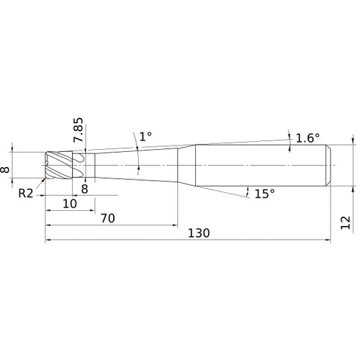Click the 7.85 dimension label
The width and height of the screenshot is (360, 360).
click(78, 130)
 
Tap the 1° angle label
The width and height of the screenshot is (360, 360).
click(145, 137)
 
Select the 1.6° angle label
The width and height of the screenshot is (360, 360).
click(307, 138)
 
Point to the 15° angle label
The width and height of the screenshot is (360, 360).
click(264, 194)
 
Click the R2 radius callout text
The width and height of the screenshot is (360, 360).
click(26, 193)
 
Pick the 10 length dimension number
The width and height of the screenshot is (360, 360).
click(70, 204)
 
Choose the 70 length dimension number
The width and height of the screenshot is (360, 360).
click(108, 218)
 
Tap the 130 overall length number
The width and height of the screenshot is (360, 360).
click(199, 233)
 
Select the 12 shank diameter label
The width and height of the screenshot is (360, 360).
click(346, 222)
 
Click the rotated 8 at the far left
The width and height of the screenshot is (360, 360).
click(5, 170)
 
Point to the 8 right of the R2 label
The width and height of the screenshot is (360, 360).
click(85, 189)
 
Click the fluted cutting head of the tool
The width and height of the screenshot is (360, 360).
click(59, 165)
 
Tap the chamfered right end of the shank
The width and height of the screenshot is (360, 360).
click(328, 166)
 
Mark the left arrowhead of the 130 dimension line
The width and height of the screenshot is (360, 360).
click(48, 240)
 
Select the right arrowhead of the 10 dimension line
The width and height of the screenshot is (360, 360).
click(92, 210)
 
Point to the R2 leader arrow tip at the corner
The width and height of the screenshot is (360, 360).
click(45, 179)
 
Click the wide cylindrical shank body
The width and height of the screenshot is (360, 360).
click(261, 166)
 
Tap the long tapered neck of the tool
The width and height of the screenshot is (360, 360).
click(136, 166)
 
